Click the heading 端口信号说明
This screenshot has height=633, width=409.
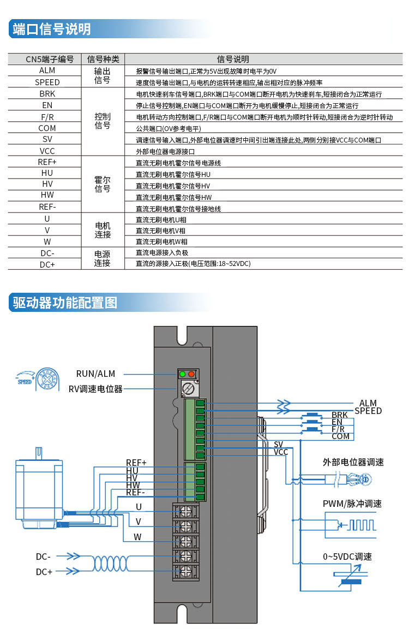[51, 29]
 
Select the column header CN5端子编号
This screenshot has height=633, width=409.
[49, 60]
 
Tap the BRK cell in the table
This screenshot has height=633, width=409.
[47, 93]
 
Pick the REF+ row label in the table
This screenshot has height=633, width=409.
[47, 162]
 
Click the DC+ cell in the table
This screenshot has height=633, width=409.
[47, 264]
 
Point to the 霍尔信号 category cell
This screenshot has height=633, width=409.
[103, 184]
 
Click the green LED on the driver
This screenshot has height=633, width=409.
[183, 374]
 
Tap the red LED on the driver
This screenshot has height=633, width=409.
[191, 374]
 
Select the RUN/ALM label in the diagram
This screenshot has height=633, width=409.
[95, 374]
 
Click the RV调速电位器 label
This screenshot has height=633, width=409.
[95, 389]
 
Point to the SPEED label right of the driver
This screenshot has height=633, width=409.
[368, 411]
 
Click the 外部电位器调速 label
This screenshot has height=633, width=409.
[353, 462]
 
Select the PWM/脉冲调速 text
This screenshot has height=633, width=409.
[352, 504]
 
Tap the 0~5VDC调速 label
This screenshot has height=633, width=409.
[347, 557]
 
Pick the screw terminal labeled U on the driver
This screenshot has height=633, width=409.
[185, 511]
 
